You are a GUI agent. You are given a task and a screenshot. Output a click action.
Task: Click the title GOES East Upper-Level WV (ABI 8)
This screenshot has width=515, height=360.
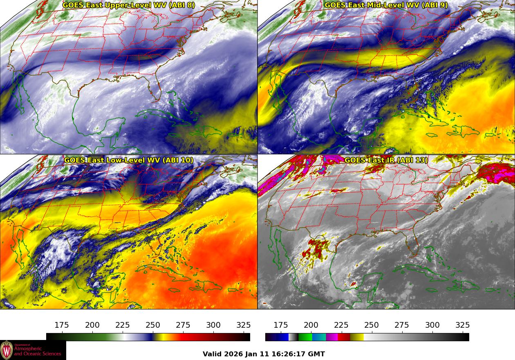[128, 5]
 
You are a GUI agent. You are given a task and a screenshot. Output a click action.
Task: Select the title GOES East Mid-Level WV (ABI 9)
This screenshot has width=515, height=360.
[386, 5]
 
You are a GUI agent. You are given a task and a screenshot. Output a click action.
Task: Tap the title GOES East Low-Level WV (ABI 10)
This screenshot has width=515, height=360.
[128, 160]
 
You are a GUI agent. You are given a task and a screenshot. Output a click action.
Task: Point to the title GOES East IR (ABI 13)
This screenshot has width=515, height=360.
[386, 160]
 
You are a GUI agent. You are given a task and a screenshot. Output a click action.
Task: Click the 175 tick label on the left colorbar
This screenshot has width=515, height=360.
[62, 325]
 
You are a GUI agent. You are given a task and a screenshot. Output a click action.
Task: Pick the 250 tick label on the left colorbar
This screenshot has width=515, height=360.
[153, 325]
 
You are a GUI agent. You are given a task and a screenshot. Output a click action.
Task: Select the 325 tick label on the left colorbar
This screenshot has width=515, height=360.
[244, 325]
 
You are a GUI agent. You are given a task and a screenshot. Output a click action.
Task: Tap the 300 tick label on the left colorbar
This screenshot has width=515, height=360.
[213, 325]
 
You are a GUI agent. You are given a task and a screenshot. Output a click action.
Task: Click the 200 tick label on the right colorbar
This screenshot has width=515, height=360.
[311, 325]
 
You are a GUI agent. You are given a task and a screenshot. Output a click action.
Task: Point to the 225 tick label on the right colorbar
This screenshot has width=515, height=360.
[341, 325]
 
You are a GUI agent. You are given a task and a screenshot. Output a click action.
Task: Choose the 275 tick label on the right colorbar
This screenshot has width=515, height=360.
[402, 325]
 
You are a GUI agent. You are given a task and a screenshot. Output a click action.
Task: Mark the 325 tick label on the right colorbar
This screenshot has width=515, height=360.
[463, 325]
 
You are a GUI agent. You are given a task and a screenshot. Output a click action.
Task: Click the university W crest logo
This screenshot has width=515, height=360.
[7, 350]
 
